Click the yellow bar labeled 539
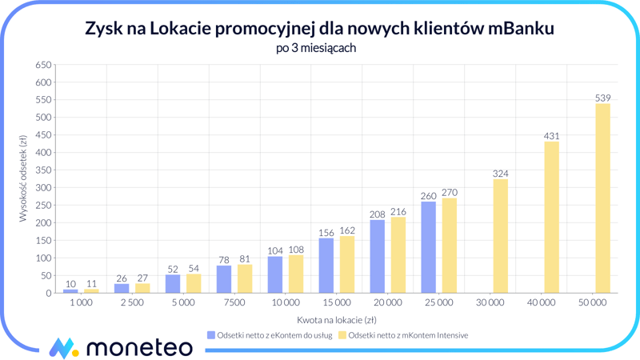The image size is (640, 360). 602,198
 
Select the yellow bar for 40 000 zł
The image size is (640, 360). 551,218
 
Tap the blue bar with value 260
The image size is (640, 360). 428,247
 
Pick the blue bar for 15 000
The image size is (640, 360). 326,266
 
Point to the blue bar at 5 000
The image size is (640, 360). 173,284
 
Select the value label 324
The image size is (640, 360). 501,174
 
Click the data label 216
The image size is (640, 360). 398,212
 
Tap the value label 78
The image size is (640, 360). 224,260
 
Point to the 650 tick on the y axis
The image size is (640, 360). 43,65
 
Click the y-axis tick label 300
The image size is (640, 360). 43,188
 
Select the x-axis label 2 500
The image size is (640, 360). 132,304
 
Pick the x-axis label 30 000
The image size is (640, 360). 490,304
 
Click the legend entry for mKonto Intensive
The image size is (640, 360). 405,335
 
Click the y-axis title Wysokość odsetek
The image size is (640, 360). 23,179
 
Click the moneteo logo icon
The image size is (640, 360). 63,347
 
